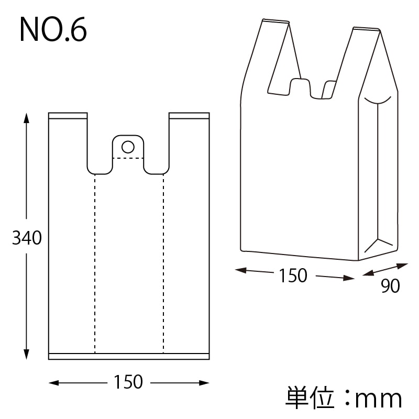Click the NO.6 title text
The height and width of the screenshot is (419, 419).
point(53,30)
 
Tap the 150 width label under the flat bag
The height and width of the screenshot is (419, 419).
point(128,382)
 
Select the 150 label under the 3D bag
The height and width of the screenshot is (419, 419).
point(293,275)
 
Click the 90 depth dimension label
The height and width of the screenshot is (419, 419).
point(390,286)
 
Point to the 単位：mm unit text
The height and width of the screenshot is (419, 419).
point(344,399)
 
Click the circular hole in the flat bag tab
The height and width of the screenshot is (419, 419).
point(128,146)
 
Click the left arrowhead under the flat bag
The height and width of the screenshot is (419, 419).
point(53,383)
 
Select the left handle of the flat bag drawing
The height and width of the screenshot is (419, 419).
point(68,141)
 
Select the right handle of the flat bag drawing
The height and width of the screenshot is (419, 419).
point(189,141)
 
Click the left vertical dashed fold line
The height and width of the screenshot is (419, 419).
point(95,262)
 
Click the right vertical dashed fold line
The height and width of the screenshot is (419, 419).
point(163,262)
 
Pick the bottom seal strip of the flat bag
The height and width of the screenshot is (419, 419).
point(129,356)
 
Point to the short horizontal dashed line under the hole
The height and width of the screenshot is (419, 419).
point(128,158)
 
